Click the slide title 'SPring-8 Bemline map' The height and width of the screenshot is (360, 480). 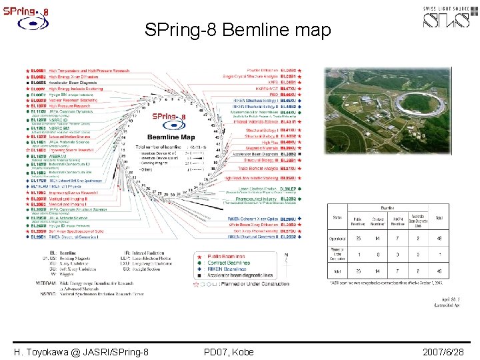click(237, 31)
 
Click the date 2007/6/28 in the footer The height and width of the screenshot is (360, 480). click(443, 352)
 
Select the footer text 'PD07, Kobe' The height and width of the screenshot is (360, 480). click(228, 352)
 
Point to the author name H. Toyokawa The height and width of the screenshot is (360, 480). click(81, 352)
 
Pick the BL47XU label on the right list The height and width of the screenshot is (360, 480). click(288, 87)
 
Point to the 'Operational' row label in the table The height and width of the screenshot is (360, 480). click(339, 239)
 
